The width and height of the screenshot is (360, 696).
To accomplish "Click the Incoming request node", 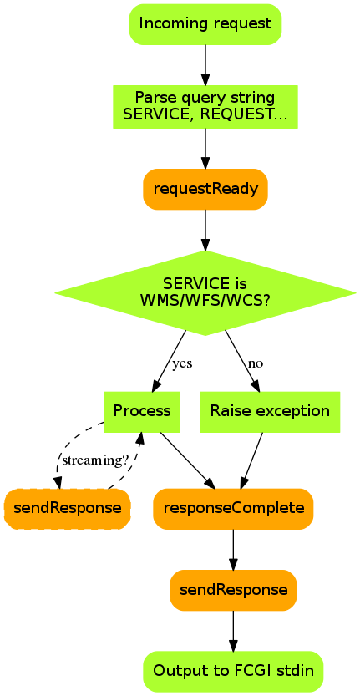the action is coord(205,24).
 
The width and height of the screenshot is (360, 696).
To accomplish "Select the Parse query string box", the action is coord(205,107).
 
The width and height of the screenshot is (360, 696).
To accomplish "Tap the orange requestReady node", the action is coord(205,189).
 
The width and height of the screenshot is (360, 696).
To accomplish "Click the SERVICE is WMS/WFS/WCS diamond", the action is coord(205,293).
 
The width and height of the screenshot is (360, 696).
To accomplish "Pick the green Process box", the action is coord(142,411).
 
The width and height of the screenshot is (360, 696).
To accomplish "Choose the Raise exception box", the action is coord(270,411).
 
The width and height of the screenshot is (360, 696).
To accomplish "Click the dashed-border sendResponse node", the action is coord(68,509).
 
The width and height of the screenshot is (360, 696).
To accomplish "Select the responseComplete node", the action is coord(234,509).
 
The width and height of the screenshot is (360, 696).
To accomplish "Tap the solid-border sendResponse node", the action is coord(234,591).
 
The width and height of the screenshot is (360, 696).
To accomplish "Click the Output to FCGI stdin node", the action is coord(234,671).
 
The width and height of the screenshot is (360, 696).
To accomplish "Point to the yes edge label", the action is coord(182,364).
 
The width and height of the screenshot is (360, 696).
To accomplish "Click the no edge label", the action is coord(256,364).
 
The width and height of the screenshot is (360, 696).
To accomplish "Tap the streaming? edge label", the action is coord(95,460).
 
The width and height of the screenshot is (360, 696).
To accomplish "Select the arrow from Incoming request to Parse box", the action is coord(205,65).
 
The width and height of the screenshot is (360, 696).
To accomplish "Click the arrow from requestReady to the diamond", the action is coord(205,230).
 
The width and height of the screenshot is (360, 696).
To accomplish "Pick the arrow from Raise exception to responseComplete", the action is coord(252,460).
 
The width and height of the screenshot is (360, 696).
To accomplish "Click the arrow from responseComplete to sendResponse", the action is coord(234,550).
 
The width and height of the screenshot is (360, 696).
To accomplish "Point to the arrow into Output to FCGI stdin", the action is coord(234,631).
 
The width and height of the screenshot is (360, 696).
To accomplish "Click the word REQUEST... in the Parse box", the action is coord(243,115).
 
